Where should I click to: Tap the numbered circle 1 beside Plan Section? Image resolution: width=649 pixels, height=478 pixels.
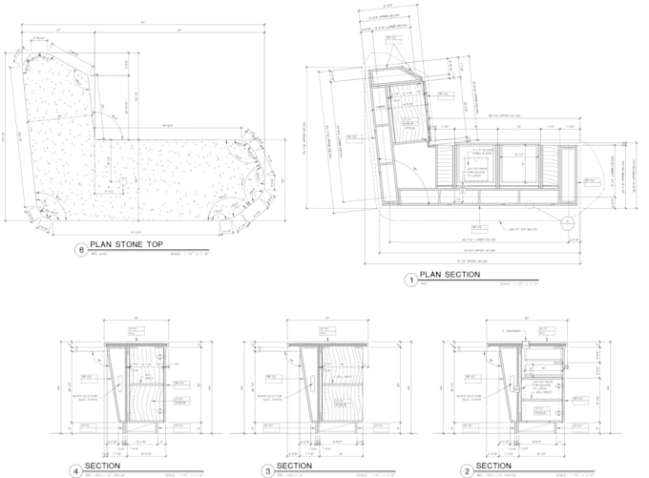click(411, 280)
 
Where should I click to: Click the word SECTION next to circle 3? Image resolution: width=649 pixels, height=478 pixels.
click(294, 467)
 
